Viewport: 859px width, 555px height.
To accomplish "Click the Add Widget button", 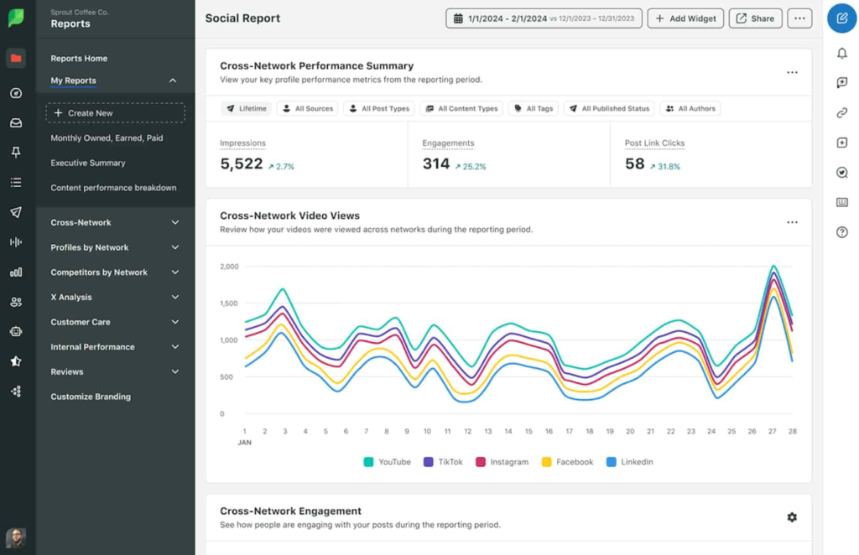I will tap(685, 18).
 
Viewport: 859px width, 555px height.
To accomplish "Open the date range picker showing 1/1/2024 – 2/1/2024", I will tap(544, 18).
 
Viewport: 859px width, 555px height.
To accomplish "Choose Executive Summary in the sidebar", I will tap(88, 163).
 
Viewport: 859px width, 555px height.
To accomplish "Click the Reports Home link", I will tap(79, 59).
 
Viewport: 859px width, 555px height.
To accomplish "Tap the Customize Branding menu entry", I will tap(91, 397).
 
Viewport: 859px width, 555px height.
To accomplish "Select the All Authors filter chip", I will tap(690, 108).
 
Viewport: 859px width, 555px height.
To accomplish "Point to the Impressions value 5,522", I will tap(242, 164).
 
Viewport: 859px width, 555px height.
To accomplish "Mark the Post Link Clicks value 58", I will tap(634, 164).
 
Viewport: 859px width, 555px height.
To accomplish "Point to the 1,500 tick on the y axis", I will tap(229, 303).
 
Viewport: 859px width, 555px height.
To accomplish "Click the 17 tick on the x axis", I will tap(569, 431).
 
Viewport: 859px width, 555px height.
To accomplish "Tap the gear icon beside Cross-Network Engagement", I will tap(792, 517).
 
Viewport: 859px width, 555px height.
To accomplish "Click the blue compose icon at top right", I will tap(841, 18).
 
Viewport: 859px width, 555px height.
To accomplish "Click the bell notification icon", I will tap(841, 54).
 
